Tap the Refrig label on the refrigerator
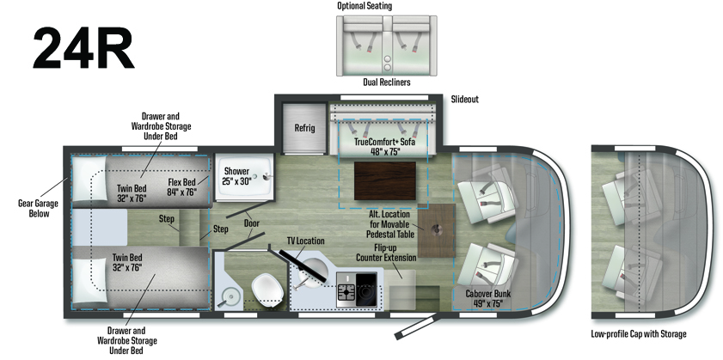[305, 128]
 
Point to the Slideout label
[464, 100]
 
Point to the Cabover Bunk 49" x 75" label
[488, 298]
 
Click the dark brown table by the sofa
[380, 181]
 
